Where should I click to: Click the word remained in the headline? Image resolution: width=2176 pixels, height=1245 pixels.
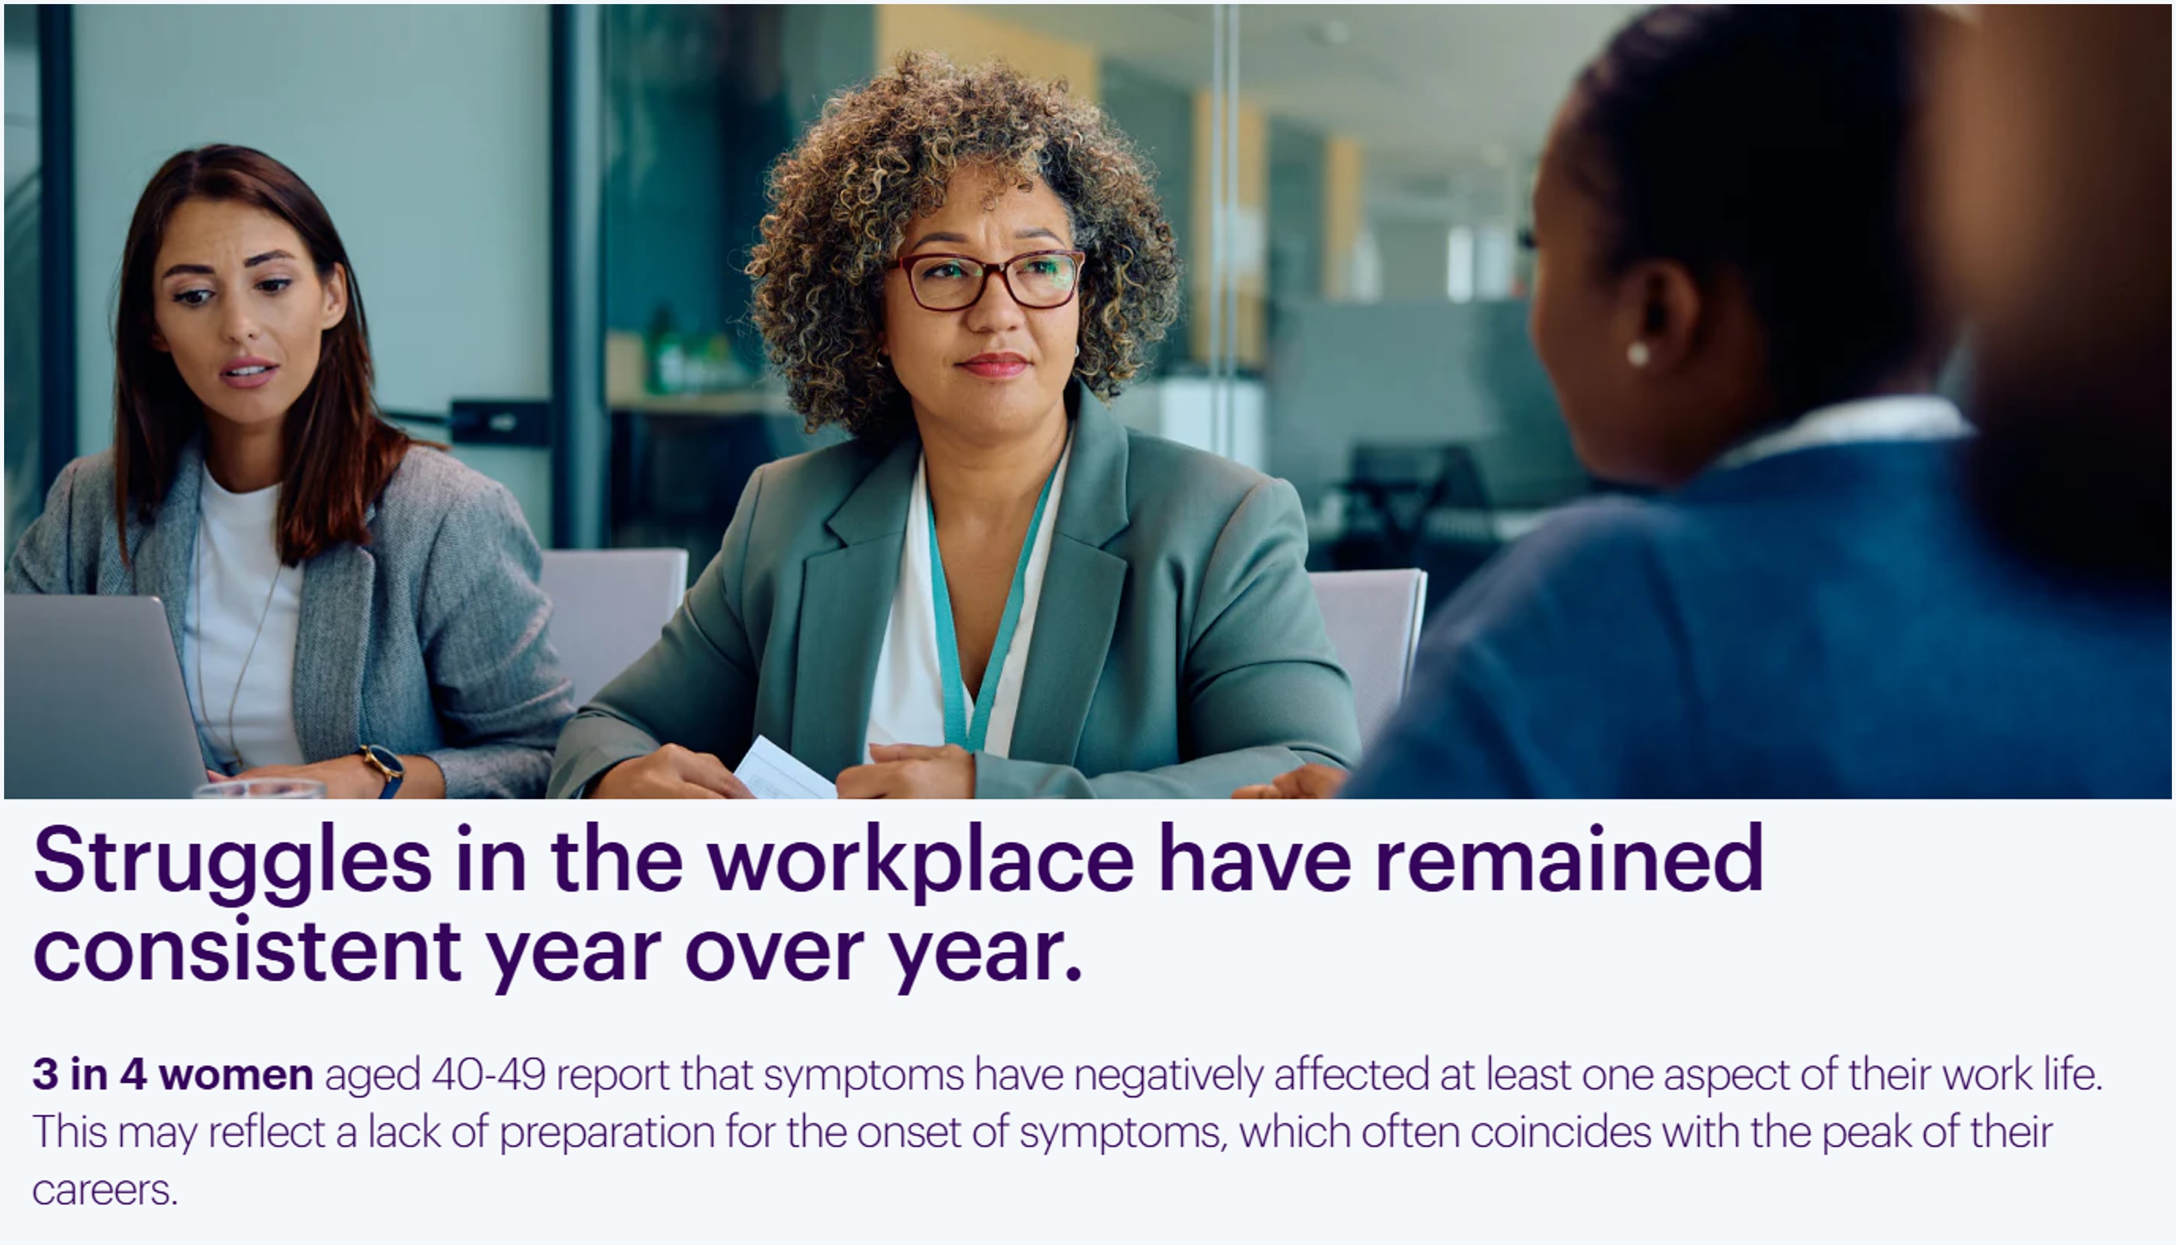[1570, 858]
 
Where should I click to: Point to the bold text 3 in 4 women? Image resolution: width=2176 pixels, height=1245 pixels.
[173, 1074]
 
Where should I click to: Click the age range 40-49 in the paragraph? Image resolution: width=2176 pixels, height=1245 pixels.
[489, 1074]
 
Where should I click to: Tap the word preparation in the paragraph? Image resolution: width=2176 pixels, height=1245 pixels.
[607, 1133]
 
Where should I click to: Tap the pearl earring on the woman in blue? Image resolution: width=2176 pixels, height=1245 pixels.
[1637, 354]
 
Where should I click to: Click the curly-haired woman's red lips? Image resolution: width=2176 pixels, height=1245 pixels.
[993, 365]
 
